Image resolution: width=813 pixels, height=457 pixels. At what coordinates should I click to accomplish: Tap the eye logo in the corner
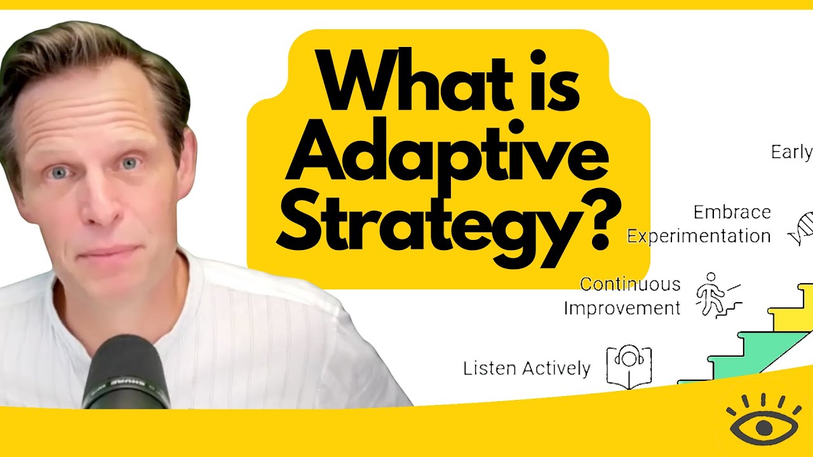pos(762,424)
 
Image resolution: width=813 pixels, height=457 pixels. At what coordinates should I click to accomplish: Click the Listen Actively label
pos(527,368)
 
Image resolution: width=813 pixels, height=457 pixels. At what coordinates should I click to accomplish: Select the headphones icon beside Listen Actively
pos(629,366)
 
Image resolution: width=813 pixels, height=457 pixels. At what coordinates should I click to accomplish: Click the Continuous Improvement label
pos(622,296)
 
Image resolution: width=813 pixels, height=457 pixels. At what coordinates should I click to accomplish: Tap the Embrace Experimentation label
pos(699,224)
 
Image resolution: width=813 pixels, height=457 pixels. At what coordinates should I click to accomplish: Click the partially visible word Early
pos(791,152)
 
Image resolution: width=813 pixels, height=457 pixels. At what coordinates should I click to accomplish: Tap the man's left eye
pos(130,164)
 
